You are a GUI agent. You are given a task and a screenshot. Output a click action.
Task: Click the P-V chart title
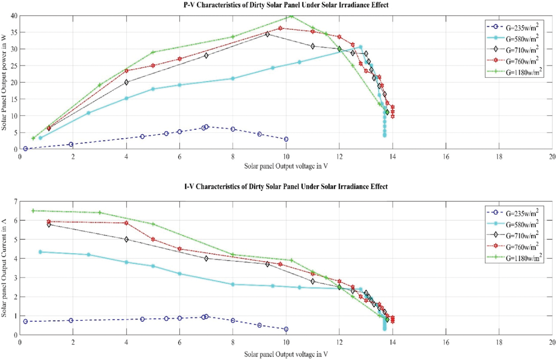pos(286,5)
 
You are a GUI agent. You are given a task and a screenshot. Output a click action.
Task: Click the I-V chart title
pos(286,187)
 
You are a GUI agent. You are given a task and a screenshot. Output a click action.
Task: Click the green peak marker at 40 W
pos(291,16)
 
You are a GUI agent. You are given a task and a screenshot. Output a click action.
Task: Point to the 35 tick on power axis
pos(13,32)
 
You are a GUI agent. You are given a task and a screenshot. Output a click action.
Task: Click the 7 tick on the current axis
pos(15,201)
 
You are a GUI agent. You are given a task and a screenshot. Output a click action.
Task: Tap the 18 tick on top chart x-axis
pos(499,157)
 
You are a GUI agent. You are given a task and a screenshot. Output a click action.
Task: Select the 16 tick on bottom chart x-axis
pos(446,342)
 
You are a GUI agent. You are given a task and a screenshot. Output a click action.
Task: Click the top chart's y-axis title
pos(4,82)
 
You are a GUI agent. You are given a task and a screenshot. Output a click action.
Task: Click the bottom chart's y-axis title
pos(4,268)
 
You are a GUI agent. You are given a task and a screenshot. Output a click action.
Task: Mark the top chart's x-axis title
pos(286,166)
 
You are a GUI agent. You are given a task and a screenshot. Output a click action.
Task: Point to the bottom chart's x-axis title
pos(286,354)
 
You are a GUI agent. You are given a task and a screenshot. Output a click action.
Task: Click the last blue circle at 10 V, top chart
pos(286,139)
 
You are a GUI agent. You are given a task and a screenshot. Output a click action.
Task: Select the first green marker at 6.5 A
pos(33,211)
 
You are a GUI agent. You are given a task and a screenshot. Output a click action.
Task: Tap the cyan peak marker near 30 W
pos(361,47)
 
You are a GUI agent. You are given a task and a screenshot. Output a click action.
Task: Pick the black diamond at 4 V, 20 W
pos(126,82)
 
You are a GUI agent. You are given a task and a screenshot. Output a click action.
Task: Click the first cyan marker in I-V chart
pos(40,252)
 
